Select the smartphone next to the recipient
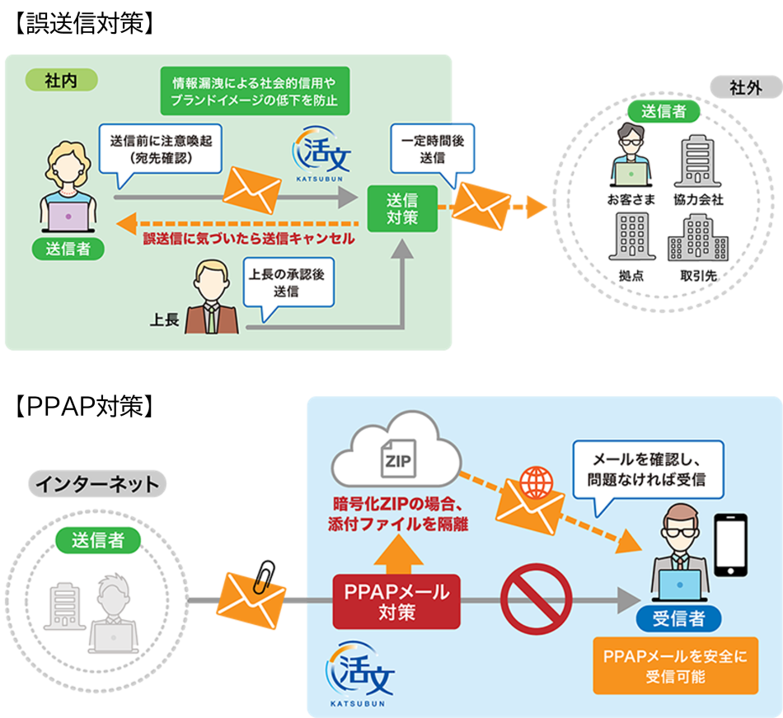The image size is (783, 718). (x=729, y=546)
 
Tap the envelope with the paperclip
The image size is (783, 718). (x=251, y=599)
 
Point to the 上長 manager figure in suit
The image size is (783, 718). (x=212, y=297)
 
